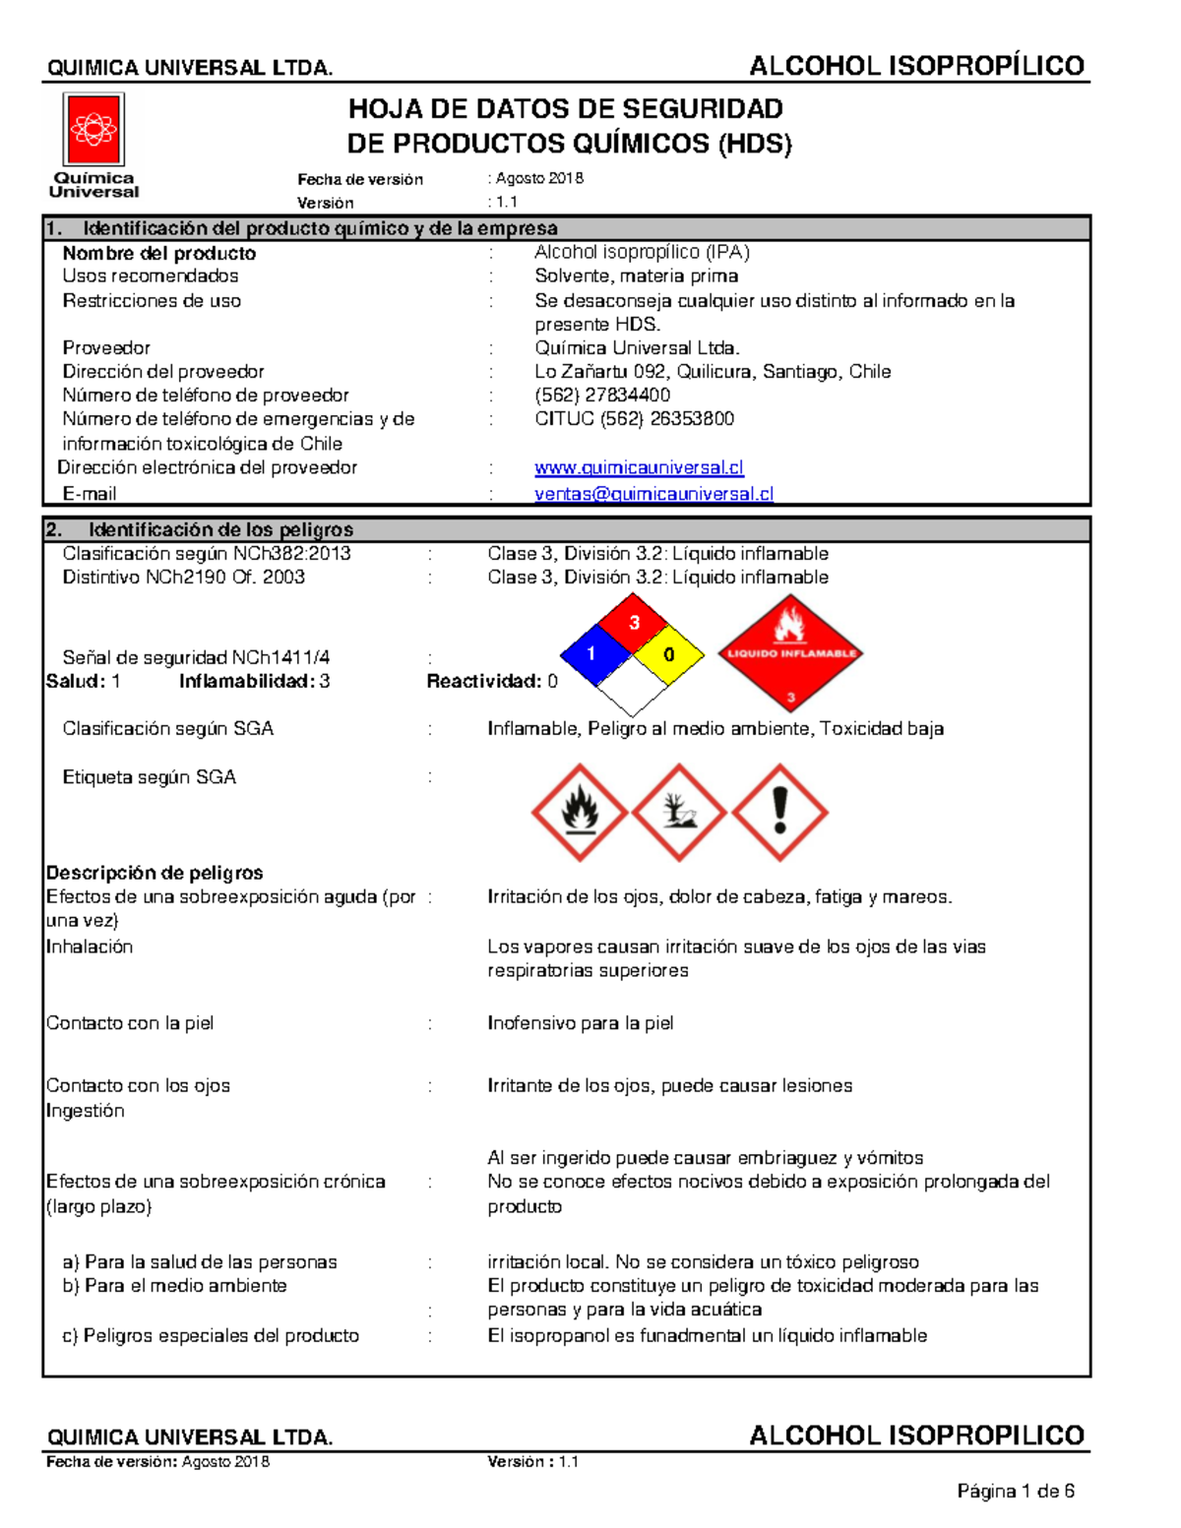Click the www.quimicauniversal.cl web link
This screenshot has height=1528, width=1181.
pos(639,467)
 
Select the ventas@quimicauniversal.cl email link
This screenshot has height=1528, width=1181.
pos(653,494)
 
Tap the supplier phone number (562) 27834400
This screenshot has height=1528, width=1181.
pos(602,395)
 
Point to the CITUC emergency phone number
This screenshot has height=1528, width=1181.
pos(634,418)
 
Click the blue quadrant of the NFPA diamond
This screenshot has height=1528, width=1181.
pos(593,653)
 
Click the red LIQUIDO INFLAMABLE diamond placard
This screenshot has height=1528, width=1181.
pos(790,653)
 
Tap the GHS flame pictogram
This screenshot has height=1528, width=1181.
pos(580,813)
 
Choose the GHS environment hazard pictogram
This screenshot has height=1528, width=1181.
pos(680,813)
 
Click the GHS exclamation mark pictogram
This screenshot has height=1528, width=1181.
pos(780,813)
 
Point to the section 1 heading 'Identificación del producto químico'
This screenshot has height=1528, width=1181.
pos(320,228)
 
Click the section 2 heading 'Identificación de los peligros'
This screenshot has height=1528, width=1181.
pos(220,529)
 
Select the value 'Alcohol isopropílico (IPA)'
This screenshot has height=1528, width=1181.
pos(642,252)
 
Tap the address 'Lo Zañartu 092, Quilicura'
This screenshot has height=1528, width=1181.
pos(713,371)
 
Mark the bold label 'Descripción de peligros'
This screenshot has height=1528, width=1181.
pos(155,873)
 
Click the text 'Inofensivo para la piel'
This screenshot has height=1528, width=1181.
pos(580,1023)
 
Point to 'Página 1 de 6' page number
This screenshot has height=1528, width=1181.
pos(1015,1492)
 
